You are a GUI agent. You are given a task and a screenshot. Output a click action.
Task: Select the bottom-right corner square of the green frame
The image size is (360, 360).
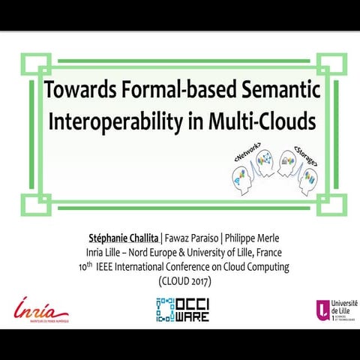tap(328, 204)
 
